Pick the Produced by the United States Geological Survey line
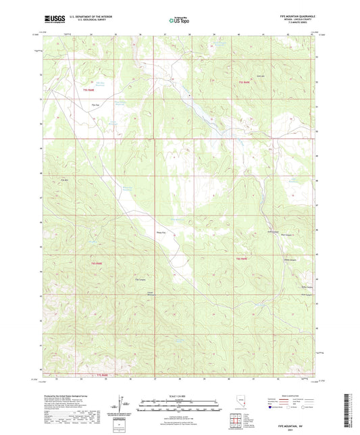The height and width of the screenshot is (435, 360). [x=68, y=396]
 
